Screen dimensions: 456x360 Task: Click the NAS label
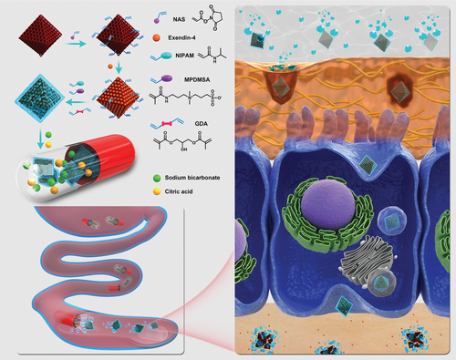[x=179, y=19]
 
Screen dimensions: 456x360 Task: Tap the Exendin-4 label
[x=181, y=38]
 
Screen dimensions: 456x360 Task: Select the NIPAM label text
[x=184, y=56]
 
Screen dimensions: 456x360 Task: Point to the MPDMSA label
[x=197, y=79]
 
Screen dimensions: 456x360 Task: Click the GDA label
[x=202, y=124]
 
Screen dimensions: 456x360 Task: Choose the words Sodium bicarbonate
[x=192, y=178]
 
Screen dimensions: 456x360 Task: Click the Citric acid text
[x=179, y=191]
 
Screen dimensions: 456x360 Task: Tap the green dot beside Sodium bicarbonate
[x=157, y=178]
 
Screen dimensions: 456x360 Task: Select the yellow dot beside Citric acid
[x=157, y=191]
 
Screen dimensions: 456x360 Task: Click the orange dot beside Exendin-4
[x=157, y=37]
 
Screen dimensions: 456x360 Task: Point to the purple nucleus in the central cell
[x=328, y=204]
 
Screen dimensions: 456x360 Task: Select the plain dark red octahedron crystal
[x=40, y=36]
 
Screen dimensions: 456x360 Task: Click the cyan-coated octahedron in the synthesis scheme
[x=39, y=98]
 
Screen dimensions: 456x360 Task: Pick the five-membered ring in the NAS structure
[x=217, y=16]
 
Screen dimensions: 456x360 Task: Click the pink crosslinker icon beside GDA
[x=167, y=123]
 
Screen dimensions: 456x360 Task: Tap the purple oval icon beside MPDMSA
[x=166, y=78]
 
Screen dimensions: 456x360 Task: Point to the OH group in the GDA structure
[x=183, y=149]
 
